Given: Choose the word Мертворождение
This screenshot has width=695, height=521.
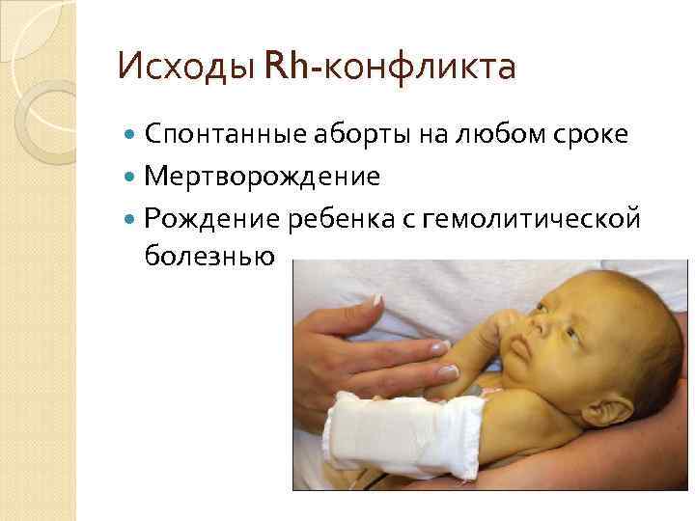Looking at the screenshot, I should (x=262, y=178).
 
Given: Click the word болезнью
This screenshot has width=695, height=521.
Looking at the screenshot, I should (x=209, y=256).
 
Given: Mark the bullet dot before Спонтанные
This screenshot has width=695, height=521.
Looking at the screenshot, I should (x=132, y=137).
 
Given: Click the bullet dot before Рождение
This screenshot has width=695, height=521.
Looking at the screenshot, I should (x=132, y=220).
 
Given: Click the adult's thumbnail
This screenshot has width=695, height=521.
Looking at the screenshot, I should (x=446, y=370).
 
